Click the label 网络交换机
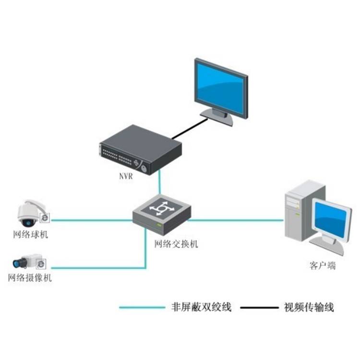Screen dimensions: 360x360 pyautogui.click(x=176, y=244)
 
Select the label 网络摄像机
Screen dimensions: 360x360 pyautogui.click(x=30, y=278)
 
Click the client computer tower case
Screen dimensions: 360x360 pyautogui.click(x=298, y=211)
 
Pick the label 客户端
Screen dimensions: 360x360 pyautogui.click(x=320, y=265)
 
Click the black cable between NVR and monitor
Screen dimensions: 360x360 pyautogui.click(x=190, y=130)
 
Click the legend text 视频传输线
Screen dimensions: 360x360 pyautogui.click(x=309, y=307)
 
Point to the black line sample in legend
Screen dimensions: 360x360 pyautogui.click(x=259, y=308)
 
